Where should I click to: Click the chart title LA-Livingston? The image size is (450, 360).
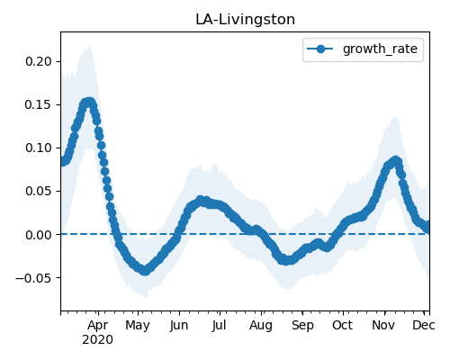pyautogui.click(x=245, y=20)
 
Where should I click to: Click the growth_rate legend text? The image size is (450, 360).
pyautogui.click(x=380, y=49)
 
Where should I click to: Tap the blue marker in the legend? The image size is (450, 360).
pyautogui.click(x=320, y=49)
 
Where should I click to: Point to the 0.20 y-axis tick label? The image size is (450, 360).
pyautogui.click(x=39, y=61)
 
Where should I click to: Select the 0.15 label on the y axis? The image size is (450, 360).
pyautogui.click(x=39, y=104)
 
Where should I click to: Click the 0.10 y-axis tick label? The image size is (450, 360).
pyautogui.click(x=39, y=148)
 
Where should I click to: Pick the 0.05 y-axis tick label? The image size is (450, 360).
pyautogui.click(x=39, y=191)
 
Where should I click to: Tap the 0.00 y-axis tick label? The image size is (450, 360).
pyautogui.click(x=39, y=235)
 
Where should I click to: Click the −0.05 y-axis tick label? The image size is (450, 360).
pyautogui.click(x=34, y=278)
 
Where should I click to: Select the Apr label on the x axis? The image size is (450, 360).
pyautogui.click(x=98, y=326)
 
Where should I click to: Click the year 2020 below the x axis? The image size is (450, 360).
pyautogui.click(x=98, y=340)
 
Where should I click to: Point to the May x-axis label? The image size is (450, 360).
pyautogui.click(x=138, y=326)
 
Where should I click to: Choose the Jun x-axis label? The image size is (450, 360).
pyautogui.click(x=179, y=326)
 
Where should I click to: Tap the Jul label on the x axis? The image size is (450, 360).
pyautogui.click(x=219, y=326)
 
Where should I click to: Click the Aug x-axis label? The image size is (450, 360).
pyautogui.click(x=261, y=326)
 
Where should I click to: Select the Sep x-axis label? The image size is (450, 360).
pyautogui.click(x=302, y=326)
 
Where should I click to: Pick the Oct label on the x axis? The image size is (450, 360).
pyautogui.click(x=342, y=325)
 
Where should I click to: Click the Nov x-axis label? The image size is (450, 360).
pyautogui.click(x=383, y=325)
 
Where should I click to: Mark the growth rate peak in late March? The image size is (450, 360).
pyautogui.click(x=89, y=103)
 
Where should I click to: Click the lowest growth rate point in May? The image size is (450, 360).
pyautogui.click(x=145, y=271)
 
